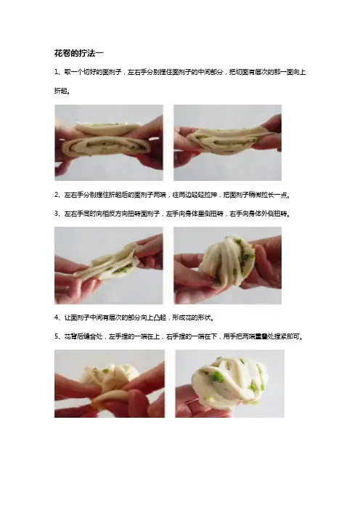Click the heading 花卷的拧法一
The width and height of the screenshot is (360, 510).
point(79,53)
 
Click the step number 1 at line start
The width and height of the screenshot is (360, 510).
point(56,72)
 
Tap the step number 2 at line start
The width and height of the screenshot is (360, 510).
point(57,195)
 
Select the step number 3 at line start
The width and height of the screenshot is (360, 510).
point(57,214)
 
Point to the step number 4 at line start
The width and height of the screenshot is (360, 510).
point(57,317)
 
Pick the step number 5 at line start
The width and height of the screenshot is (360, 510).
point(57,336)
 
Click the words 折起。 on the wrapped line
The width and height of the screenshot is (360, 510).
point(62,91)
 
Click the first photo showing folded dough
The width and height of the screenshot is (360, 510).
point(109,142)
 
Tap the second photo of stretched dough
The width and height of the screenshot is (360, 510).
point(227,142)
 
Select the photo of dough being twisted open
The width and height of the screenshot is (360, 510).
point(109,265)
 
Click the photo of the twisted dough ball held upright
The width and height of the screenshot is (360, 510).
point(227,265)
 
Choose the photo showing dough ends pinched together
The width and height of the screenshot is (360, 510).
point(110,384)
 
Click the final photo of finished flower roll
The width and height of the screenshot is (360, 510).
point(229,384)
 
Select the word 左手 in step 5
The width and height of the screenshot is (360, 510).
point(115,336)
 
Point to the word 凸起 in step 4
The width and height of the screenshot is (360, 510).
point(160,317)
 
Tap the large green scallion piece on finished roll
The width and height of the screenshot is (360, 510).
point(218,378)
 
